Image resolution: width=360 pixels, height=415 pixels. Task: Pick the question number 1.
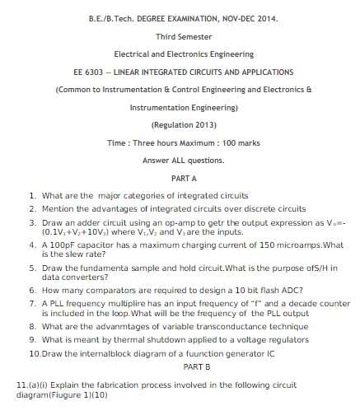point(31,195)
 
